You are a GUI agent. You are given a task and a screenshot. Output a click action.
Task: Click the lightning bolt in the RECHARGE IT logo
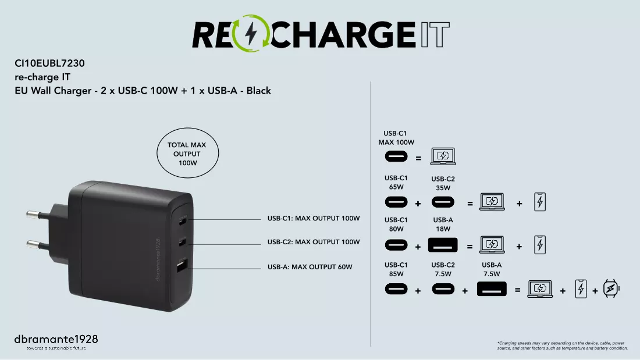point(251,34)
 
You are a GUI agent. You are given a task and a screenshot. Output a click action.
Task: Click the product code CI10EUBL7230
point(50,63)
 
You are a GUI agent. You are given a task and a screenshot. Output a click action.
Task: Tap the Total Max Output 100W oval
point(188,154)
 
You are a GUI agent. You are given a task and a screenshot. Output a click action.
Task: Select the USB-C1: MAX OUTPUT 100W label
point(314,218)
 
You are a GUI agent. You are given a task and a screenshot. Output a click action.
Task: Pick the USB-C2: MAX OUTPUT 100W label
point(314,242)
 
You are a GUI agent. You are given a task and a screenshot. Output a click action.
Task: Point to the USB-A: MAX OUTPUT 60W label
point(310,267)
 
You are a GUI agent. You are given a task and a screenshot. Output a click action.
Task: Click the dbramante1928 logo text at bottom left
point(56,339)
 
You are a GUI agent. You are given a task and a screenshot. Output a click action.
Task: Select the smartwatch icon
point(611,288)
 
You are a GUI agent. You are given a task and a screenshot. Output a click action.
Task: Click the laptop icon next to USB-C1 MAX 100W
point(443,156)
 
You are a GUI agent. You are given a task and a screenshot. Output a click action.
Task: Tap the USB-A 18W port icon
point(443,245)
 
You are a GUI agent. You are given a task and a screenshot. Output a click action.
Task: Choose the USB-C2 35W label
point(443,183)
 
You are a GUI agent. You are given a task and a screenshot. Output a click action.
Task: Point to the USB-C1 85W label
point(396,269)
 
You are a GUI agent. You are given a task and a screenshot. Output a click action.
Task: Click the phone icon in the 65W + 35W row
point(540,202)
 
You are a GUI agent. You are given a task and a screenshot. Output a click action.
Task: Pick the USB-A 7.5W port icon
point(492,289)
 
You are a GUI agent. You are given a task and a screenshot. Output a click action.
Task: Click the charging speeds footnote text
point(563,345)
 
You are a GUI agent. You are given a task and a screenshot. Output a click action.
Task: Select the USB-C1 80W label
point(396,224)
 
